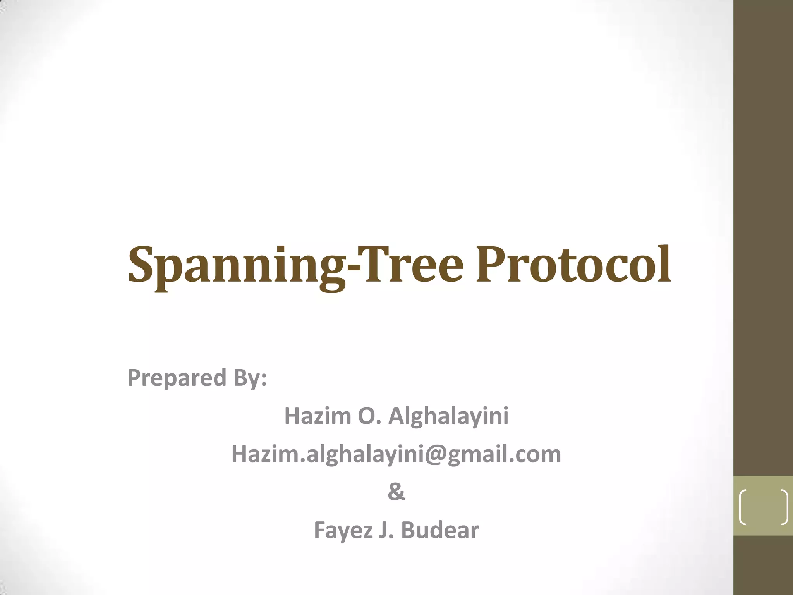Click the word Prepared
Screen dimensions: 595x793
[x=177, y=378]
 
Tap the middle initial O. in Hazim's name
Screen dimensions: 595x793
[x=370, y=416]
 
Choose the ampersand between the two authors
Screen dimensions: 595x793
[x=396, y=492]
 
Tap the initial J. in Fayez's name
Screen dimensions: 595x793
[x=386, y=530]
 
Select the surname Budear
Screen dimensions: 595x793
[x=440, y=530]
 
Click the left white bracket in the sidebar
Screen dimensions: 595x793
[x=743, y=507]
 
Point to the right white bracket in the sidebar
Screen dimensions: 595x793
[x=784, y=507]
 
